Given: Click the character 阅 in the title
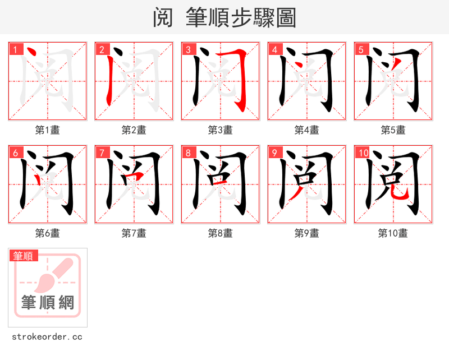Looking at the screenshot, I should pyautogui.click(x=163, y=18).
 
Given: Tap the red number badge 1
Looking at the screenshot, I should pyautogui.click(x=16, y=49).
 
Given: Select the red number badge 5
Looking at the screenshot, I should pyautogui.click(x=361, y=49).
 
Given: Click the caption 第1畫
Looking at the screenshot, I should pyautogui.click(x=47, y=130).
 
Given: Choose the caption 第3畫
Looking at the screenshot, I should pyautogui.click(x=220, y=130).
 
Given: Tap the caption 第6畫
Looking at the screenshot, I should pyautogui.click(x=47, y=233).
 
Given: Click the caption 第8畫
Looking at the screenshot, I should pyautogui.click(x=220, y=233).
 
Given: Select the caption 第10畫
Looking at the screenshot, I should pyautogui.click(x=393, y=233).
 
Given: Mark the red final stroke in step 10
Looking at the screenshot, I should pyautogui.click(x=400, y=194).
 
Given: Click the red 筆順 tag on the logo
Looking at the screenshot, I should pyautogui.click(x=24, y=256).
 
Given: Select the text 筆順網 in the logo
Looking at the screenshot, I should pyautogui.click(x=47, y=303).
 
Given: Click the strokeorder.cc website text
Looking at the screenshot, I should pyautogui.click(x=47, y=337).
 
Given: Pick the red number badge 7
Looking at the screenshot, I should pyautogui.click(x=102, y=153).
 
